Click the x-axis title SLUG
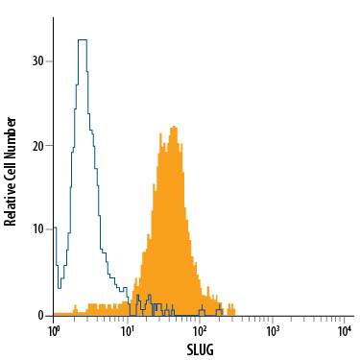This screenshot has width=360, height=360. (199, 348)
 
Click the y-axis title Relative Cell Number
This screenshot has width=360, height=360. (12, 172)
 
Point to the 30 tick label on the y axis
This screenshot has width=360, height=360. (38, 60)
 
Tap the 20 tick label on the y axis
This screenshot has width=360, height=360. (38, 146)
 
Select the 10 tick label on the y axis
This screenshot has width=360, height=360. (38, 230)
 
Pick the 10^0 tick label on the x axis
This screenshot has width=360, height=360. (54, 330)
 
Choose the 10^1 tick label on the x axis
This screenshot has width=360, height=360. (127, 330)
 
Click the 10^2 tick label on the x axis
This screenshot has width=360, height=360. (200, 330)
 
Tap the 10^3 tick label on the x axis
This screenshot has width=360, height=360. (273, 330)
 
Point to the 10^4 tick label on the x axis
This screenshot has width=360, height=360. (345, 330)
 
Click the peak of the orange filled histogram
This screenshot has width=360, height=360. (173, 127)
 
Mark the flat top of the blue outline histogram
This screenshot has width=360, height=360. (82, 40)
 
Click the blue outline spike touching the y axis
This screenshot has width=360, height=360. (55, 228)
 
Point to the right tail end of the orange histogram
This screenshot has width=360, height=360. (234, 311)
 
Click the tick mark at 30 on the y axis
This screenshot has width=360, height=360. (50, 60)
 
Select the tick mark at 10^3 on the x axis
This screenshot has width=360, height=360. (273, 319)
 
